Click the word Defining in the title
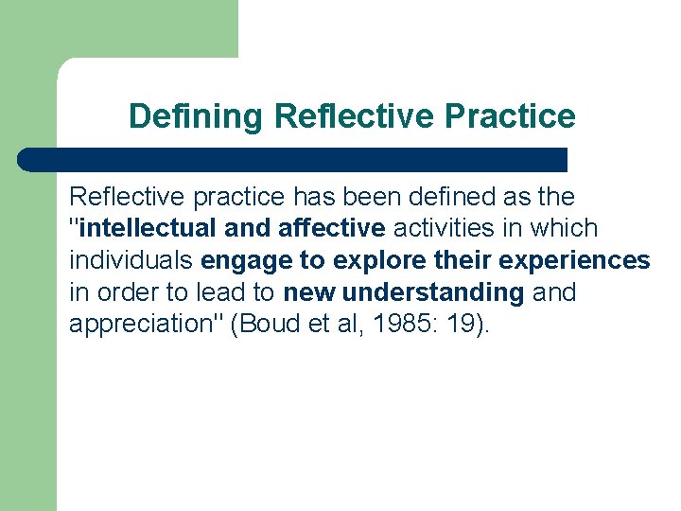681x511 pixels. coord(197,117)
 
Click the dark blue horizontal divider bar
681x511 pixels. coord(293,159)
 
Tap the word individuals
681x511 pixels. coord(131,260)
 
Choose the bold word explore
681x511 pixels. coord(369,260)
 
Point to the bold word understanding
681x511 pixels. coord(432,292)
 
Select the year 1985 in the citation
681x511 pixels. coord(411,325)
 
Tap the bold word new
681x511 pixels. coord(309,292)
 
